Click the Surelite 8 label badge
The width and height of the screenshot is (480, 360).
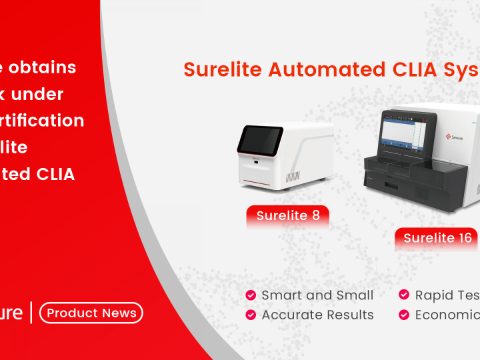pos(287,215)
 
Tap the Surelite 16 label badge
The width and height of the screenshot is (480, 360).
pos(437,238)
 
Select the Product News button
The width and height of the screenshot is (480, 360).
pos(91,313)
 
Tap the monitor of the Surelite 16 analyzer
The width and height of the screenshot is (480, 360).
pos(407,136)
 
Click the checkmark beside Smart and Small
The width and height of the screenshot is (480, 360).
pos(251,295)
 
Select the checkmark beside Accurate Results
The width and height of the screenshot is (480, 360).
pos(251,315)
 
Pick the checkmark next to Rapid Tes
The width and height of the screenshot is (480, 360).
pos(404,295)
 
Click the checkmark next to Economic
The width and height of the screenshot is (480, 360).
pos(404,315)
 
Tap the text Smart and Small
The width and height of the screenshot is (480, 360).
pos(317,295)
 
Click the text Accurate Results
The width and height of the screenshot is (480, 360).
pos(317,315)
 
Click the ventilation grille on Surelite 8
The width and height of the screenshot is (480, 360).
pos(294,177)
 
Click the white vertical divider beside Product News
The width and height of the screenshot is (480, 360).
pos(31,313)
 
